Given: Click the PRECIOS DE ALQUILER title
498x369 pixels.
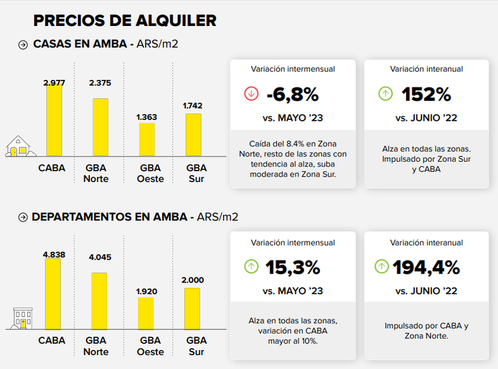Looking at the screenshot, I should (125, 20).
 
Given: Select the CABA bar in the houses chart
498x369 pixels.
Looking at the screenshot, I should (54, 121).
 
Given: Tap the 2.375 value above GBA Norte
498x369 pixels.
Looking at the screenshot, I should (100, 83).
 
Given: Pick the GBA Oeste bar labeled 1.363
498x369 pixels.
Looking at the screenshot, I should (147, 139).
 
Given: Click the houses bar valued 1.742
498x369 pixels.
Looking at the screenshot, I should (193, 134).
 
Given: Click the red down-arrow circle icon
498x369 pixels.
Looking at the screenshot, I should (251, 94).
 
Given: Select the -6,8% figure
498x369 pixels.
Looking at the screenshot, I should (292, 94).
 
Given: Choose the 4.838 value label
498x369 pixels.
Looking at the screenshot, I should (54, 254).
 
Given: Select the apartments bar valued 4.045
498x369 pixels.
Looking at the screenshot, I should (100, 301).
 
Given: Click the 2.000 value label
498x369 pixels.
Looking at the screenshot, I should (193, 280).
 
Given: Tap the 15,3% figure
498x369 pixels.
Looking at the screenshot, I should (292, 267).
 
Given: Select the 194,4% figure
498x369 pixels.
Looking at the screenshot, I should (426, 267).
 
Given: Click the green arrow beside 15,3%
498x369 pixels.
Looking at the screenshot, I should (251, 267).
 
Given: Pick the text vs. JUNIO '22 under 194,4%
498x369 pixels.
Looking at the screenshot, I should (426, 291).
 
